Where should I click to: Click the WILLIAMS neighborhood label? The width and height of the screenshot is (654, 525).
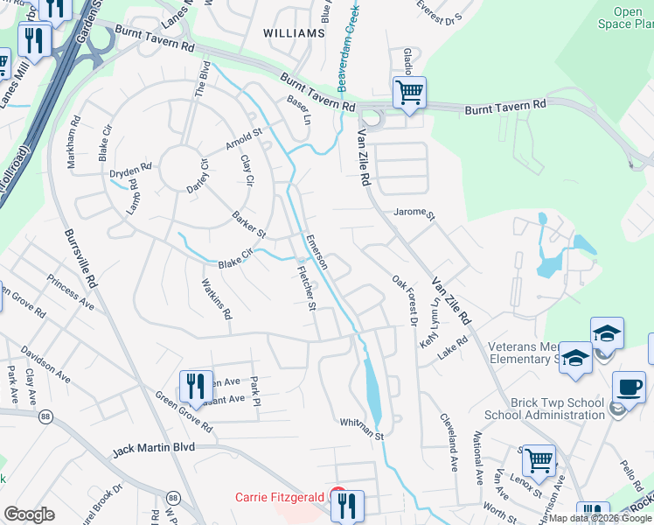click(x=294, y=33)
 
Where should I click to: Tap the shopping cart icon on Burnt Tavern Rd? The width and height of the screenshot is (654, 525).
click(x=408, y=92)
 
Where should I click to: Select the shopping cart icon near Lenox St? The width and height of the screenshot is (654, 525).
click(x=538, y=459)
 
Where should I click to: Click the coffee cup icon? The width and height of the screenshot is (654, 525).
click(x=629, y=387)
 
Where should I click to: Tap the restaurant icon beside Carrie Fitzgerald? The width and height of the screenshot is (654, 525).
click(x=347, y=505)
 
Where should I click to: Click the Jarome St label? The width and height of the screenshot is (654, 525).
click(x=414, y=213)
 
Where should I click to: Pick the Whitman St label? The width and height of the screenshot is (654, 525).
click(x=362, y=425)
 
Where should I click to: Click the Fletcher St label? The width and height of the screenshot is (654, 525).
click(x=305, y=289)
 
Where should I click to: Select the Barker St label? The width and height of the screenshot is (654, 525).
click(x=248, y=224)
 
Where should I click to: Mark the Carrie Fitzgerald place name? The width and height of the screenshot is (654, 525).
click(x=280, y=497)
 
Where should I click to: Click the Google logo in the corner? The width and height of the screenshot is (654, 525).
click(x=29, y=514)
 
